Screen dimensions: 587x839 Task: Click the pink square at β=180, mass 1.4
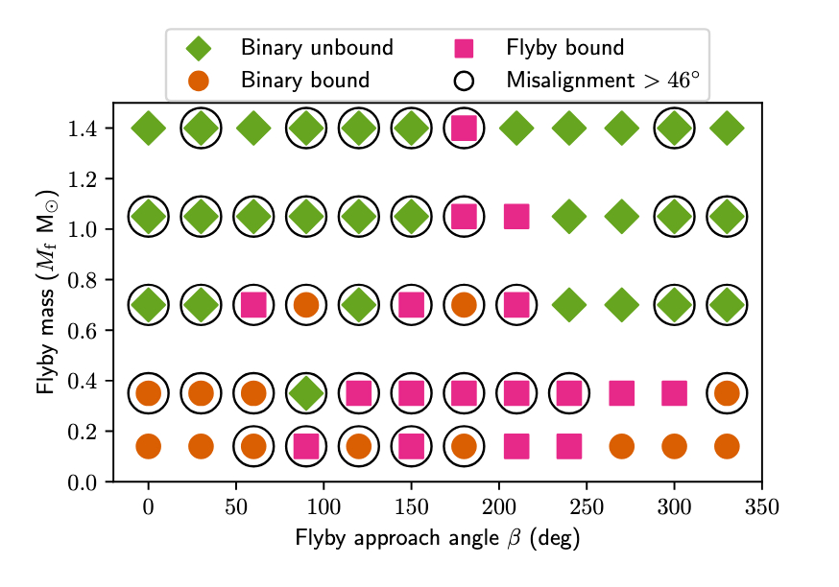point(464,128)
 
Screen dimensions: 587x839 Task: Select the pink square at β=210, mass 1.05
point(516,217)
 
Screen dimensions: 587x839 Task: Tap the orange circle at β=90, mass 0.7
point(306,305)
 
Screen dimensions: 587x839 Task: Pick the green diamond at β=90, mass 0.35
point(306,393)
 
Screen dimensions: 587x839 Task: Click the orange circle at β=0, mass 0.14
point(148,446)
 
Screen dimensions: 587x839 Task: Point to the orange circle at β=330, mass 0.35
point(727,393)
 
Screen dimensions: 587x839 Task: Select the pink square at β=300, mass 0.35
point(674,393)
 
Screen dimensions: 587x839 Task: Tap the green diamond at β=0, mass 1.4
point(148,128)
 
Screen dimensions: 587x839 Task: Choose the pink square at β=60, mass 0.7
point(253,305)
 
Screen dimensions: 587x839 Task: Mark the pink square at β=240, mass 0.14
point(569,446)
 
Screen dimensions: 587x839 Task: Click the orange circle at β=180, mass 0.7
point(464,305)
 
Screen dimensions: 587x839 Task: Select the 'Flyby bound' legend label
point(565,48)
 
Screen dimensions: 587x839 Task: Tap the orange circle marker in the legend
point(199,81)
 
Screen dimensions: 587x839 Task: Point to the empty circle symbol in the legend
point(465,81)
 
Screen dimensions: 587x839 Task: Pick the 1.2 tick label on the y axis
point(84,179)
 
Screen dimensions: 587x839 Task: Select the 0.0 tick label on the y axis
point(84,481)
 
